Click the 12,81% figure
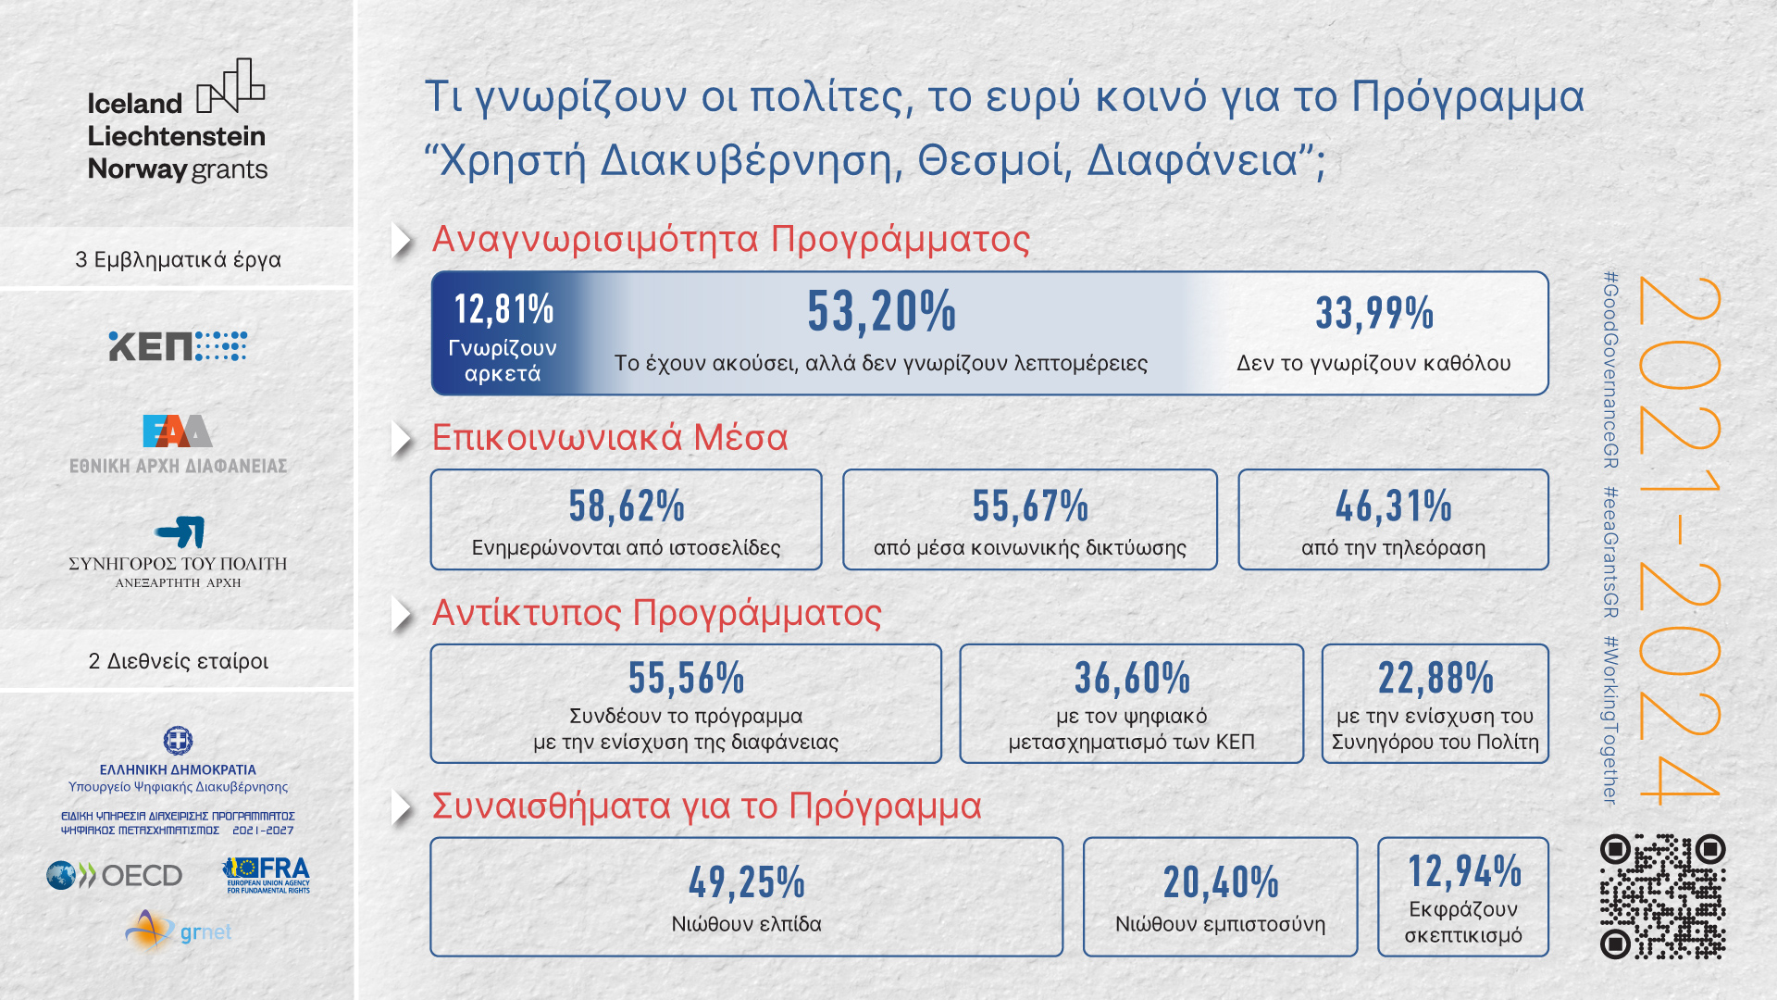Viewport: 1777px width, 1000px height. tap(503, 309)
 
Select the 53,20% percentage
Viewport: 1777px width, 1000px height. tap(882, 311)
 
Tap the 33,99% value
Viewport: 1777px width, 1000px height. tap(1374, 313)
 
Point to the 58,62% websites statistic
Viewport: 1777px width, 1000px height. tap(627, 506)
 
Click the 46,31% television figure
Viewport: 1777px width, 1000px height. tap(1394, 506)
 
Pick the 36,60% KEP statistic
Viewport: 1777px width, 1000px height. tap(1132, 678)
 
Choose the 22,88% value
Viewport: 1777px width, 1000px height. tap(1435, 678)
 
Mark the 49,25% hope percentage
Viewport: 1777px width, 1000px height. tap(747, 882)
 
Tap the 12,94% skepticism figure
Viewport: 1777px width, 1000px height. tap(1464, 871)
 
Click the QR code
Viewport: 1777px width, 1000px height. tap(1663, 896)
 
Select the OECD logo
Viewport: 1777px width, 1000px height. tap(115, 875)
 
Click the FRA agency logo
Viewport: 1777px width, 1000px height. tap(267, 875)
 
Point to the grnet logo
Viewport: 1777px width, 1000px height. tap(179, 931)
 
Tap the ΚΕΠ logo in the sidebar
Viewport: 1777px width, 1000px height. tap(178, 346)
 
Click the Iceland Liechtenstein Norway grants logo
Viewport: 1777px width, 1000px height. tap(178, 120)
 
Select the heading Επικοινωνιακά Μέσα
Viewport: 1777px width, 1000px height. tap(610, 438)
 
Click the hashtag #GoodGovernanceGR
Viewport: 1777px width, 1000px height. tap(1611, 369)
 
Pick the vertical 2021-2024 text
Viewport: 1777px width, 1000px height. tap(1679, 538)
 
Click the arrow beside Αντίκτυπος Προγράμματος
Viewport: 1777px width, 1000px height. tap(402, 615)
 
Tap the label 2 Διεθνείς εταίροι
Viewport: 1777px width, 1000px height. tap(179, 661)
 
